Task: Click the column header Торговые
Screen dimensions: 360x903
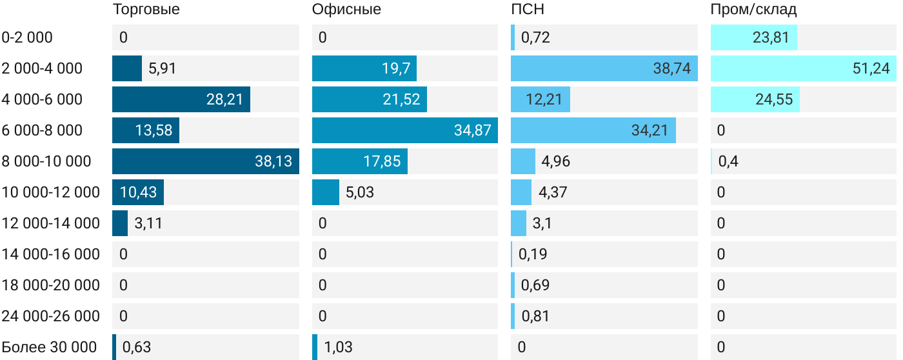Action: coord(146,9)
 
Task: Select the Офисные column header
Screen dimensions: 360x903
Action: coord(346,9)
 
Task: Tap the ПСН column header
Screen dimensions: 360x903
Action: coord(528,9)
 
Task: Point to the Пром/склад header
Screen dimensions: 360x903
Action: coord(753,9)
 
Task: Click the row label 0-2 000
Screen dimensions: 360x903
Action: coord(27,37)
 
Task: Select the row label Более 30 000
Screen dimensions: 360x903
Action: coord(49,347)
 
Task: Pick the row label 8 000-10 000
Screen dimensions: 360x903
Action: coord(46,161)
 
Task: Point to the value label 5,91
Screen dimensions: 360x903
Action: coord(162,68)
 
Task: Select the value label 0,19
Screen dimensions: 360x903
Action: coord(533,254)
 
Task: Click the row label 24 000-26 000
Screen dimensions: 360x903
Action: coord(50,316)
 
